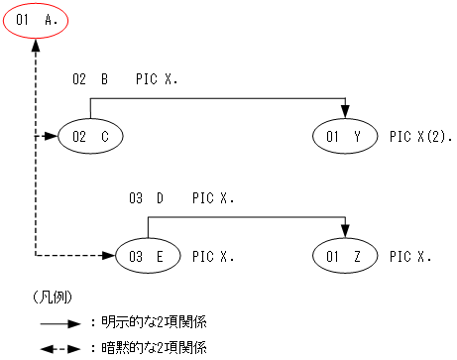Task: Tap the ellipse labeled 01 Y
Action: coord(345,136)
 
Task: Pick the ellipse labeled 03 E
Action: coord(147,257)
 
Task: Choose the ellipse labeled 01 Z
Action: coord(345,257)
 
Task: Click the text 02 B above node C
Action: coord(90,78)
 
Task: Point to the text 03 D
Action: coord(147,198)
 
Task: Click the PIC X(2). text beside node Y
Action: coord(420,136)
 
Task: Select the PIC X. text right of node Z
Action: coord(410,257)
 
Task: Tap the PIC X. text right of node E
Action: coord(213,257)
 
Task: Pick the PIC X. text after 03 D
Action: coord(213,198)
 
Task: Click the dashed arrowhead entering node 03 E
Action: coord(110,257)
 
